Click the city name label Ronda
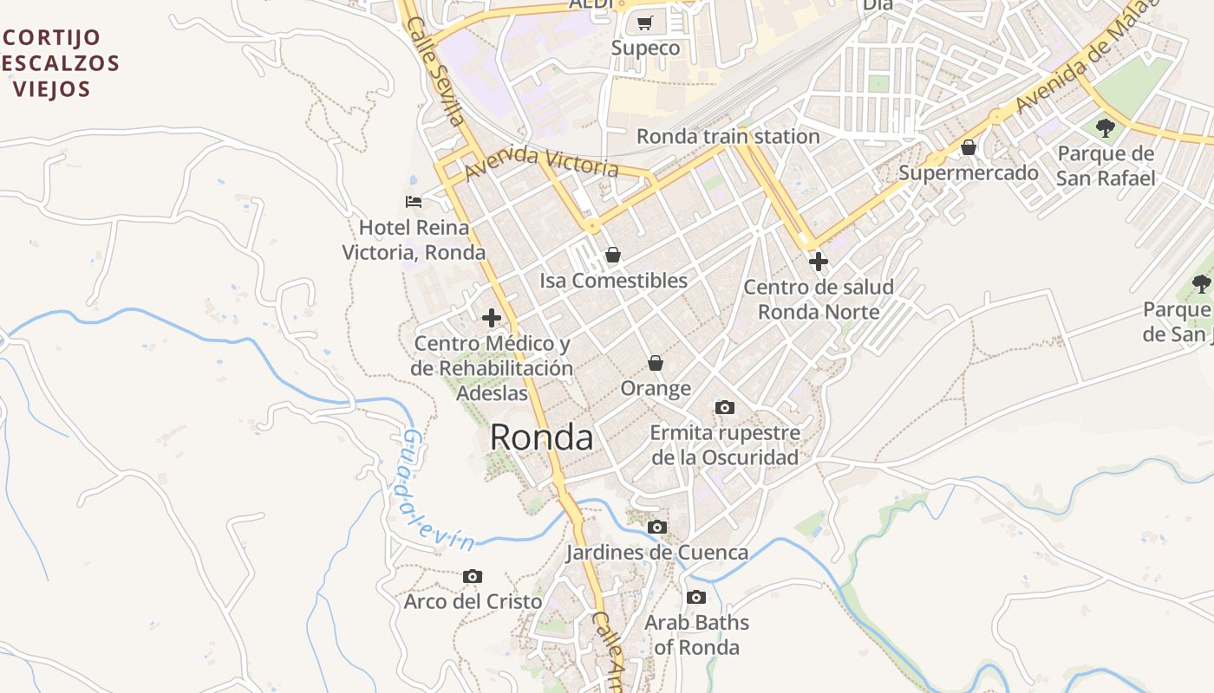click(x=541, y=437)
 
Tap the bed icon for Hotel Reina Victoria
click(x=414, y=202)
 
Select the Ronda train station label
click(x=728, y=136)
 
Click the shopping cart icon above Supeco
click(x=644, y=23)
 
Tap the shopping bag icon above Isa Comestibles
click(x=613, y=255)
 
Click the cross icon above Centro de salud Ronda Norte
click(x=818, y=261)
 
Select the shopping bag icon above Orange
click(x=656, y=363)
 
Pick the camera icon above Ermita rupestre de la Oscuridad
click(x=724, y=407)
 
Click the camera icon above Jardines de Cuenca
click(x=657, y=527)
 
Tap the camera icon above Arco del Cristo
click(x=473, y=576)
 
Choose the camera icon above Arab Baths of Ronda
click(x=695, y=597)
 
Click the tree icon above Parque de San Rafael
click(x=1106, y=128)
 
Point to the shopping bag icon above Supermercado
click(x=969, y=147)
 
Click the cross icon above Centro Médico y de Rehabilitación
click(x=492, y=318)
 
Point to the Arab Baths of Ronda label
click(x=696, y=634)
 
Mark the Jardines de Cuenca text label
click(x=656, y=552)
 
